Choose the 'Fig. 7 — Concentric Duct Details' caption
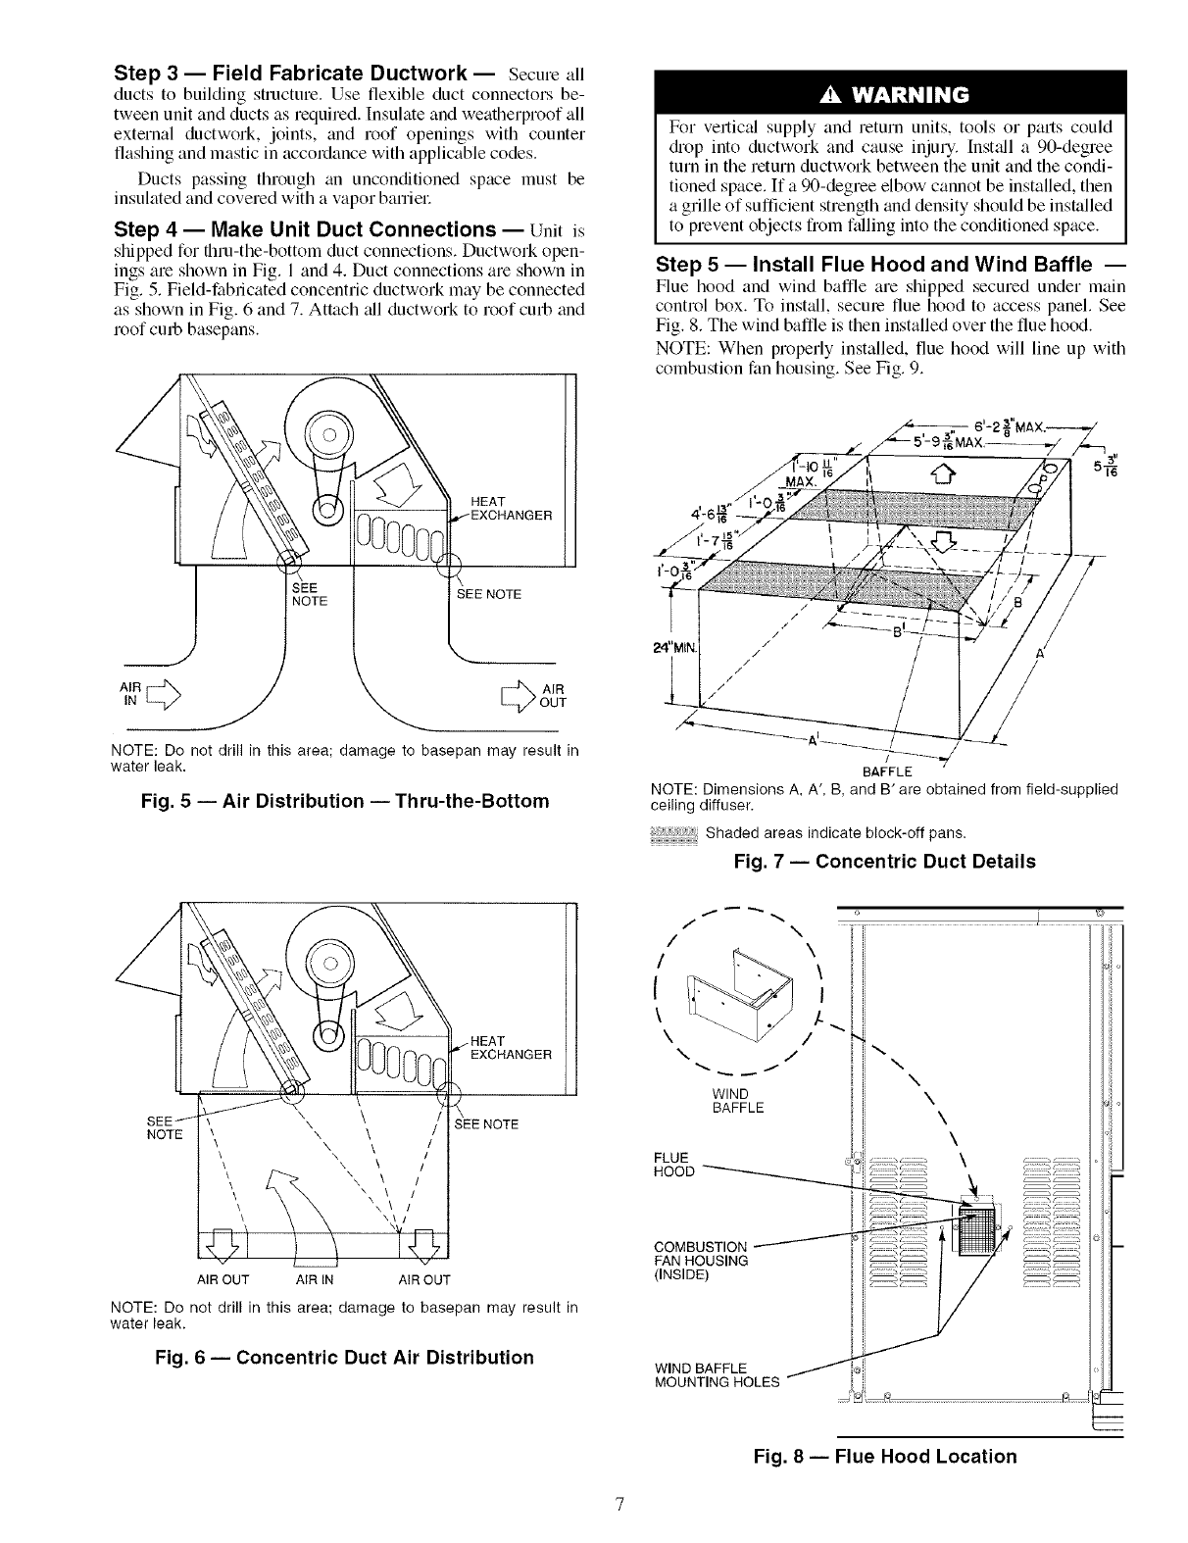884,862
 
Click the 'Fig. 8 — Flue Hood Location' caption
885,1456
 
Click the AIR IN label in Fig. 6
315,1279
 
